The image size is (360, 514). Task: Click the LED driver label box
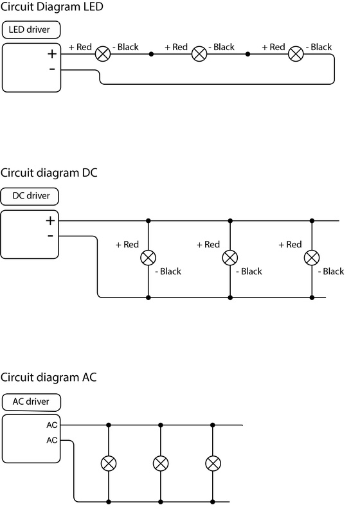(x=31, y=30)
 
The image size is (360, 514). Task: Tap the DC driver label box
(x=30, y=196)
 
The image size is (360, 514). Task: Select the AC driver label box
(x=31, y=402)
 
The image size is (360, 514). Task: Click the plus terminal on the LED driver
(x=52, y=54)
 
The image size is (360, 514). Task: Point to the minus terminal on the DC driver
(x=50, y=235)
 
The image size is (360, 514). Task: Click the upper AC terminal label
(x=52, y=425)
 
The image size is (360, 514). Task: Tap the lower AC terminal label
(x=52, y=440)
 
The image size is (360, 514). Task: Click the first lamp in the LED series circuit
(x=103, y=54)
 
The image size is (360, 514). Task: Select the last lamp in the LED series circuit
(x=296, y=54)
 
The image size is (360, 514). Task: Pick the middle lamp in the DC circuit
(x=230, y=258)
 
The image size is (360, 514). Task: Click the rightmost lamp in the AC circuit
(x=213, y=463)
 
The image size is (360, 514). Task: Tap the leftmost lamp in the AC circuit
(x=109, y=463)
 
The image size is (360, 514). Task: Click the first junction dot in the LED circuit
(x=151, y=54)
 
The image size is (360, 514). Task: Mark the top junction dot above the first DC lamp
(x=148, y=221)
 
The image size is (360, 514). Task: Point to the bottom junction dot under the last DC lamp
(x=312, y=297)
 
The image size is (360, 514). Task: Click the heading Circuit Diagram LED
(x=52, y=6)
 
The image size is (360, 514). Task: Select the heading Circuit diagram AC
(x=48, y=377)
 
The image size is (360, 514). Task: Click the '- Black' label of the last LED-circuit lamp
(x=319, y=47)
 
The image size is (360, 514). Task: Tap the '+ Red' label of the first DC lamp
(x=127, y=245)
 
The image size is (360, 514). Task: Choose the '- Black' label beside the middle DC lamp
(x=249, y=271)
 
